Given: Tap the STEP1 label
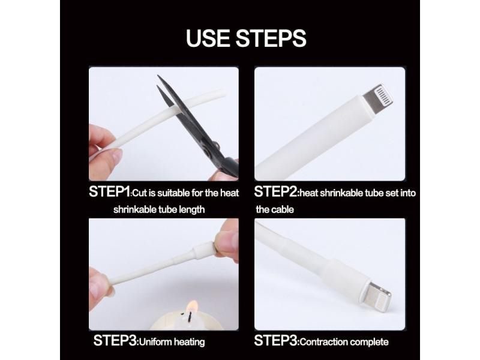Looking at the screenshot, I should [109, 193].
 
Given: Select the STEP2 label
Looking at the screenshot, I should [275, 193].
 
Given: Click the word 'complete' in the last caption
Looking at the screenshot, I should [371, 342].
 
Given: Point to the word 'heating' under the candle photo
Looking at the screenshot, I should [189, 342].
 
